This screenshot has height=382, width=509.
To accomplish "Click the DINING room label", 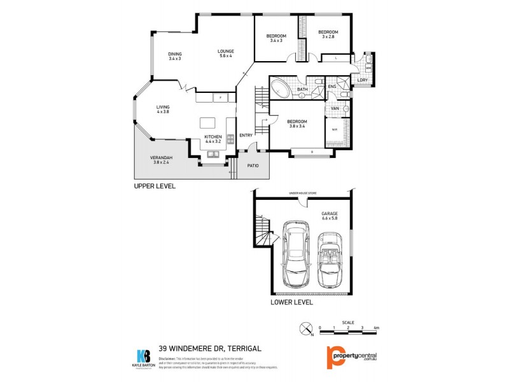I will pyautogui.click(x=174, y=54).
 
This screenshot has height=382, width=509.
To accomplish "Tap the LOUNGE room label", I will pyautogui.click(x=226, y=52).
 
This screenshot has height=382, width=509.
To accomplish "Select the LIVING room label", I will pyautogui.click(x=163, y=108).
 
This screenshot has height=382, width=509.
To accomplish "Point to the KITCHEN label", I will pyautogui.click(x=213, y=137).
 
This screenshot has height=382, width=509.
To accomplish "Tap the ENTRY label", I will pyautogui.click(x=246, y=135).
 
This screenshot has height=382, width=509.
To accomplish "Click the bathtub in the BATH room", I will pyautogui.click(x=281, y=88).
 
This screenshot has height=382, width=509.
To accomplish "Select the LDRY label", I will pyautogui.click(x=362, y=80).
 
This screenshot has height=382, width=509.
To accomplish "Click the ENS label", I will pyautogui.click(x=332, y=86).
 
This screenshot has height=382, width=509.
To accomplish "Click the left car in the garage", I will pyautogui.click(x=295, y=254).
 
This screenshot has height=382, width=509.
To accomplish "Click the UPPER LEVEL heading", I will pyautogui.click(x=154, y=187).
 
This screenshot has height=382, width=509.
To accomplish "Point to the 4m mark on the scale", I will pyautogui.click(x=377, y=327).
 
